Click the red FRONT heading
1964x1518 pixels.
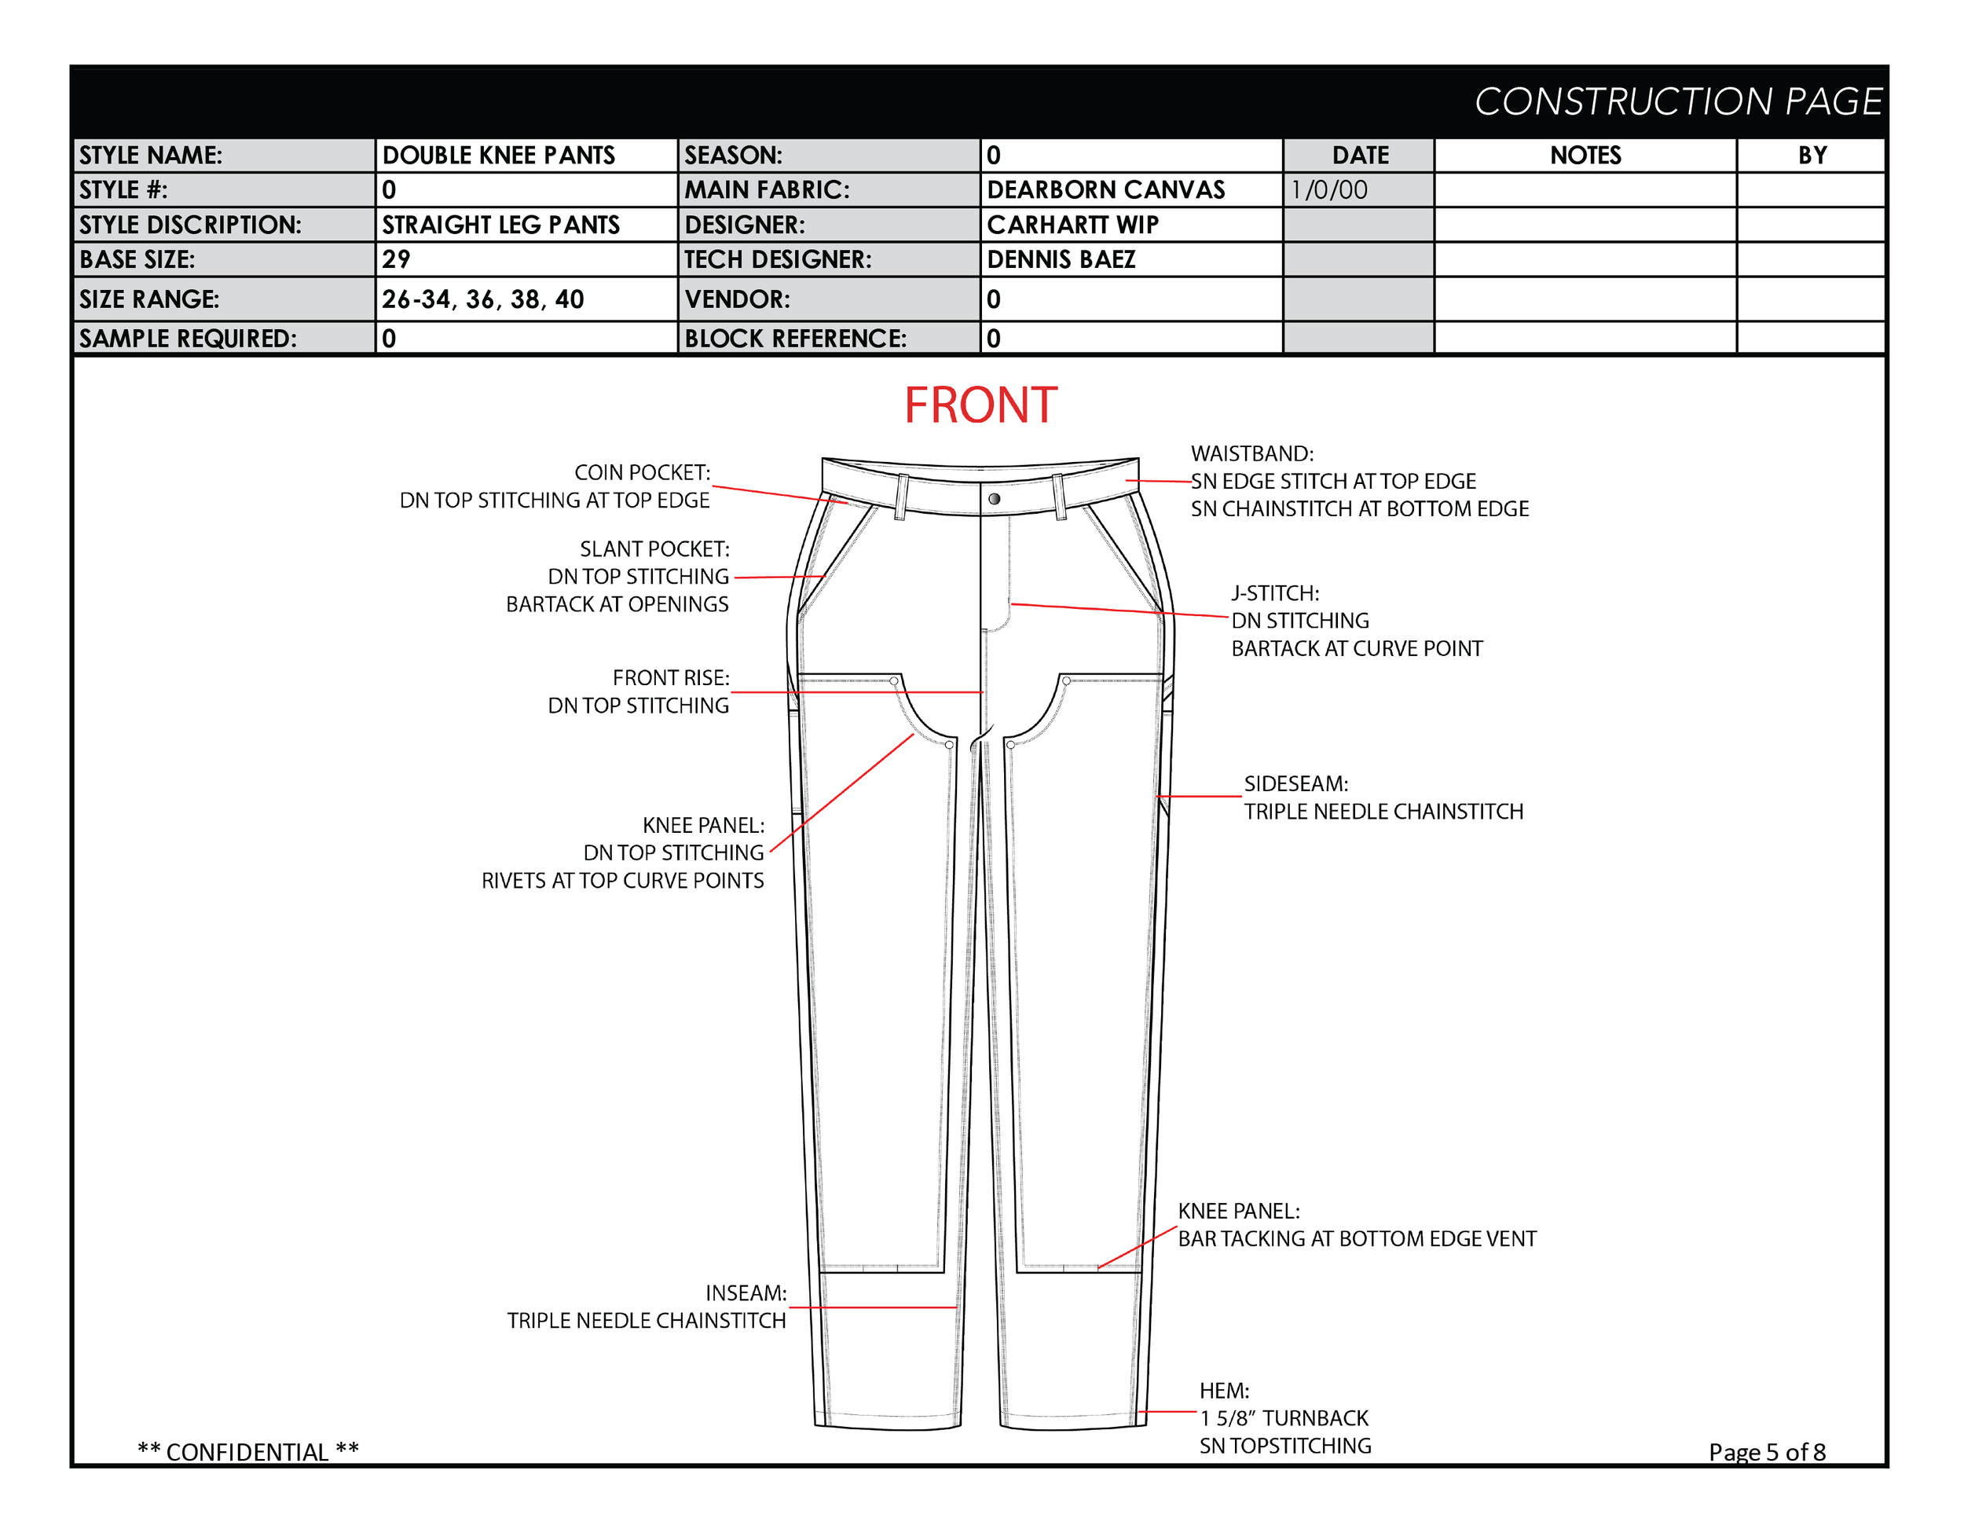[x=980, y=405]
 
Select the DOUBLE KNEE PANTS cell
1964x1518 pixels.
[x=498, y=156]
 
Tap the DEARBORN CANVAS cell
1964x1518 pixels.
[x=1105, y=190]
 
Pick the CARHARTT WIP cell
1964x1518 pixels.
[x=1073, y=225]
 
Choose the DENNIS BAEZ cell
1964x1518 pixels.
[x=1061, y=260]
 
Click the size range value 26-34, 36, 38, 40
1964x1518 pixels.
[x=483, y=299]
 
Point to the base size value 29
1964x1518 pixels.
[x=397, y=260]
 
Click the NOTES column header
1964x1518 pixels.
[x=1585, y=156]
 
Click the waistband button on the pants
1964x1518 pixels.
[x=995, y=499]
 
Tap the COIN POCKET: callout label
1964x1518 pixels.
[x=642, y=473]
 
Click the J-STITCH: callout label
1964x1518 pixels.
[x=1275, y=593]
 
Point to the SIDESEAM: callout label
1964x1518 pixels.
[x=1295, y=784]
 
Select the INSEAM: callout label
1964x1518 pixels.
[x=746, y=1293]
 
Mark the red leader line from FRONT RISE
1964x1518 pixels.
[x=854, y=692]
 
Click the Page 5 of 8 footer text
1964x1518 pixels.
[x=1766, y=1451]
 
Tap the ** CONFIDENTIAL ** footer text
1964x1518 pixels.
[x=248, y=1451]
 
